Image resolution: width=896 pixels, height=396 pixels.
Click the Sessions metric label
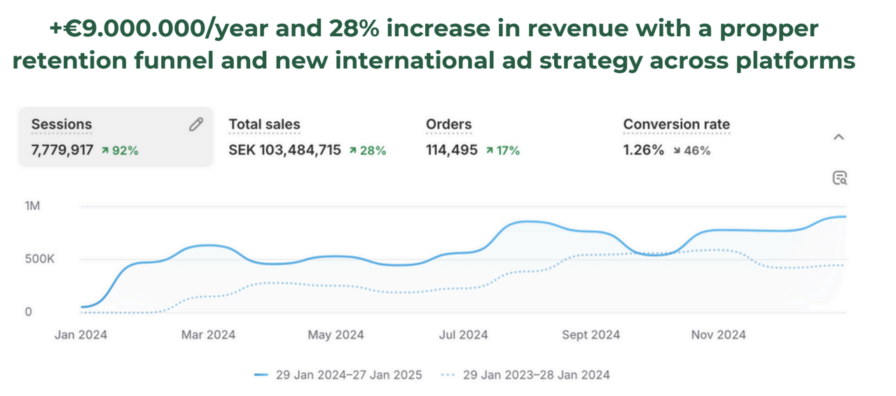[61, 125]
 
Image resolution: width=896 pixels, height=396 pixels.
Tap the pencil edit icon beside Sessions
[195, 125]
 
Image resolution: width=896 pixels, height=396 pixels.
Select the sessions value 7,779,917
[62, 150]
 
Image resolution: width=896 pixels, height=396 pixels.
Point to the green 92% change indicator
[120, 150]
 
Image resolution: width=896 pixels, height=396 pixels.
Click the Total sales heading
[264, 125]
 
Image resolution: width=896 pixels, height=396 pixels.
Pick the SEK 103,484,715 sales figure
[284, 150]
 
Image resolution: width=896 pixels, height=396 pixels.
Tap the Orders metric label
[448, 125]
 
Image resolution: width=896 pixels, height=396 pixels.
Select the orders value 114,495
[451, 150]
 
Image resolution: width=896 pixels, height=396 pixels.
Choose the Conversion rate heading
[676, 125]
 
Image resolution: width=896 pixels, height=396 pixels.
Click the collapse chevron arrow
[839, 137]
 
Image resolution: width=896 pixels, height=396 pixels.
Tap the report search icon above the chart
[839, 178]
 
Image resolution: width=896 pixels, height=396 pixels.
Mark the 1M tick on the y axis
[32, 206]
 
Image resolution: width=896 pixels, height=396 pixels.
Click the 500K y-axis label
[39, 259]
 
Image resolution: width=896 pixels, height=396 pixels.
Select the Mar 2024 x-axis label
[208, 335]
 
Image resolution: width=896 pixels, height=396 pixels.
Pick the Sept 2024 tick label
[591, 335]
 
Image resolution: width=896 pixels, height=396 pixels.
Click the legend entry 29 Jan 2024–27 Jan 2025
[338, 375]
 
